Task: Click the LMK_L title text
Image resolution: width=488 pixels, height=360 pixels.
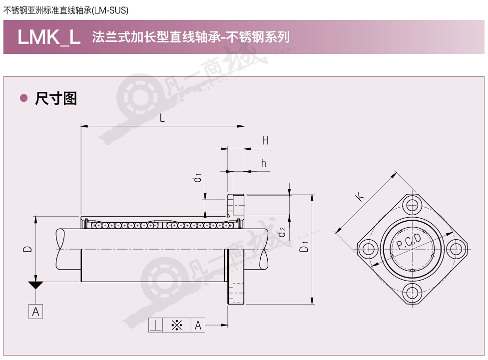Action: tap(49, 37)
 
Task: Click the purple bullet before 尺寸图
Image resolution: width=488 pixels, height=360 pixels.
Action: tap(23, 98)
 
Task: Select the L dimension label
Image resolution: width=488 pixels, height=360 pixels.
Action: tap(162, 118)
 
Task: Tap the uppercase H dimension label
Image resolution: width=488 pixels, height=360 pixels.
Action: tap(265, 141)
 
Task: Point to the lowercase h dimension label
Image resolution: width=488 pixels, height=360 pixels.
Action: tap(264, 163)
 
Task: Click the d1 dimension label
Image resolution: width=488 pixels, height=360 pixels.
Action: tap(197, 178)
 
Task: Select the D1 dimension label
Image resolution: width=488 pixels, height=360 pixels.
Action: tap(304, 247)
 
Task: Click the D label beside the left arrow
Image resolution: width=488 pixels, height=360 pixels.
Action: tap(27, 249)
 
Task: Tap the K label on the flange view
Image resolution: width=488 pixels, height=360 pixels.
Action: tap(360, 197)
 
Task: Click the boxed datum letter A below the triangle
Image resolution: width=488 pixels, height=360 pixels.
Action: tap(35, 312)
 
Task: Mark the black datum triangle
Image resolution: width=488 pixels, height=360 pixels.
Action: tap(35, 285)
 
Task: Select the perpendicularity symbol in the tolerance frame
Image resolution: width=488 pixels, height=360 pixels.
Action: tap(155, 326)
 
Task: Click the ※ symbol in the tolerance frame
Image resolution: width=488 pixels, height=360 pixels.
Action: tap(176, 326)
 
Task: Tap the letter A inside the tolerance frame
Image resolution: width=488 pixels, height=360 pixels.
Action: tap(198, 326)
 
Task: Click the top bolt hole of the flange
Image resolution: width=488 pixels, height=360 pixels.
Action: tap(412, 206)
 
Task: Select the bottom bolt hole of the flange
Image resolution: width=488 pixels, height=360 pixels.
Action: tap(412, 293)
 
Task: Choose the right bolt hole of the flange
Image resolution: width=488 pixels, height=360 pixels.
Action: tap(456, 249)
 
